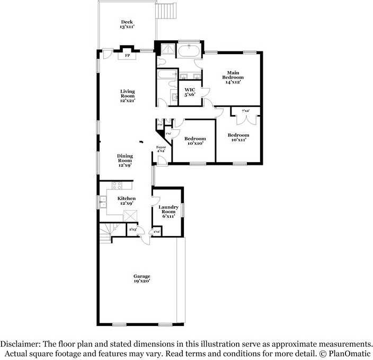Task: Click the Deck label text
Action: click(126, 24)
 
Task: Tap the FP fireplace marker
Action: click(127, 55)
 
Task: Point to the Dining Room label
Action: click(125, 160)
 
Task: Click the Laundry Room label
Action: click(168, 212)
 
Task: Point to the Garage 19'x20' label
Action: click(141, 278)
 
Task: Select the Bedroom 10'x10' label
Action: click(194, 141)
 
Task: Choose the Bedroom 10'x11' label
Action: click(238, 138)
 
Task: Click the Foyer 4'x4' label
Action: click(161, 149)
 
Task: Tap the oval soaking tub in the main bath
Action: click(189, 51)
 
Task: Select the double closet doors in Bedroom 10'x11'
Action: click(246, 116)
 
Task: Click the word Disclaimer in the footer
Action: click(21, 344)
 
